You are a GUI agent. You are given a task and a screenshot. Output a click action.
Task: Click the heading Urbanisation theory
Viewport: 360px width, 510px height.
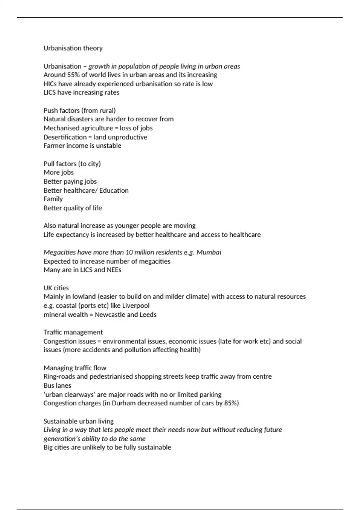pos(73,48)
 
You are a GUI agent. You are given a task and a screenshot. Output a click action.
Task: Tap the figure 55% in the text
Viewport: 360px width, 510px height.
pos(73,75)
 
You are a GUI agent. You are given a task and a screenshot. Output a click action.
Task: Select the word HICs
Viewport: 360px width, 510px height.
pos(50,84)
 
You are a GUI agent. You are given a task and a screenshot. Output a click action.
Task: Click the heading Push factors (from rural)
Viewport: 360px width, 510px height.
pos(79,110)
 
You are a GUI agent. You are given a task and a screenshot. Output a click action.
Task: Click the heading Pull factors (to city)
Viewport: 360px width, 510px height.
pos(72,164)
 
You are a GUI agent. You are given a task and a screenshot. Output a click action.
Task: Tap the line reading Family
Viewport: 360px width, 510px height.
pos(53,199)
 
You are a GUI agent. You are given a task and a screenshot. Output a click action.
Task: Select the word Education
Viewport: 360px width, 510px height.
pos(114,190)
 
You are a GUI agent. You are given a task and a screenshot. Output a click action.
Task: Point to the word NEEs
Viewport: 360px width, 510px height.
pos(114,270)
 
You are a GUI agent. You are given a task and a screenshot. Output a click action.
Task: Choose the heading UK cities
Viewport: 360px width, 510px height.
pos(56,288)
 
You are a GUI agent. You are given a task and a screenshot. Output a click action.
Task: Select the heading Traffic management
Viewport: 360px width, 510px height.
pos(73,332)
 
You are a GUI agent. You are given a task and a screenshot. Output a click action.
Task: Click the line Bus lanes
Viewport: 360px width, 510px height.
pos(57,385)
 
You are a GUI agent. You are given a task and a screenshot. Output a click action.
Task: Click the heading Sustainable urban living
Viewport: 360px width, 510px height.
pos(79,421)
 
